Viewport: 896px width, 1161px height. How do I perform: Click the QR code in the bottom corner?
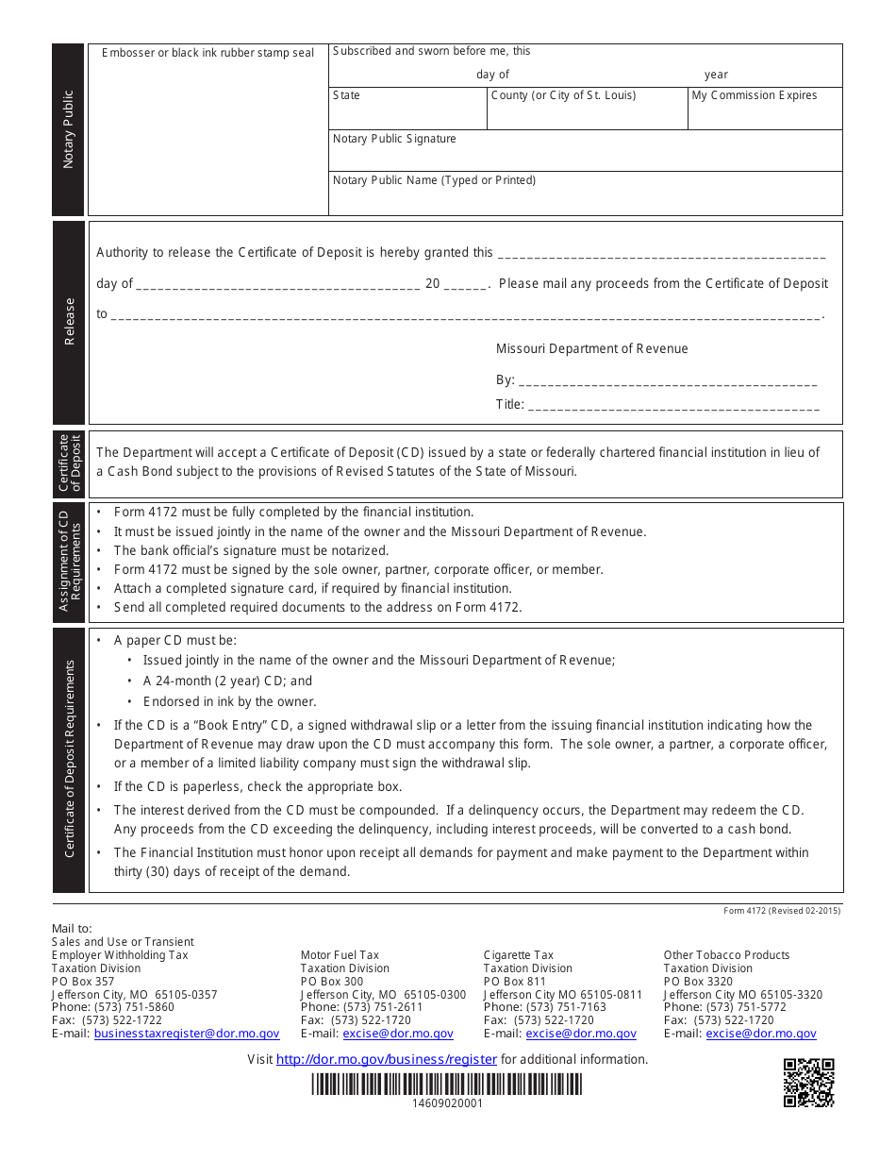808,1083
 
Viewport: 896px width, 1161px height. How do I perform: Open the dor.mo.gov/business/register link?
386,1059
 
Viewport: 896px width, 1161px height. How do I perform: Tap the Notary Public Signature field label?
394,139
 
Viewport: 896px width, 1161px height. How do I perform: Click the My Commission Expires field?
764,109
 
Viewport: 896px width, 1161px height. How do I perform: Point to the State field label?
346,95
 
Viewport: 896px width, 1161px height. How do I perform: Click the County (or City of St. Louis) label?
563,95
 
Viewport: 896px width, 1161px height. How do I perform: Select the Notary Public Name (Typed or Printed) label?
434,180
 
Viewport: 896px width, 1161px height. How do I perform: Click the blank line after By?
667,380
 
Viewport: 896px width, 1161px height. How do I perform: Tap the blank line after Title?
672,405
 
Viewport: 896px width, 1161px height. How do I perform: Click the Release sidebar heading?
69,322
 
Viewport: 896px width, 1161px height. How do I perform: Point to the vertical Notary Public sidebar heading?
69,129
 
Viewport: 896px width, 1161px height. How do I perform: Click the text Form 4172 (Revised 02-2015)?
782,911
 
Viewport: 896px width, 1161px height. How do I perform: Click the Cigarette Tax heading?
519,955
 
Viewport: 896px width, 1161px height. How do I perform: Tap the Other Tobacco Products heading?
726,955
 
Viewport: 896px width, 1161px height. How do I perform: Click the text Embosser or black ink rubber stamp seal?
207,53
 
